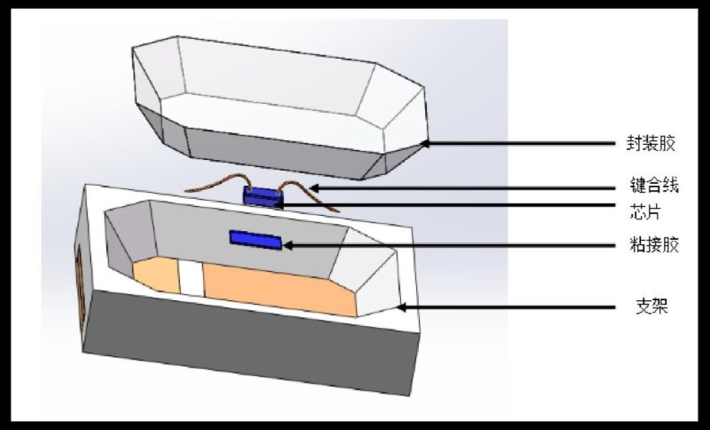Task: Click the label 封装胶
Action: point(651,144)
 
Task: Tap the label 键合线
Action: point(654,185)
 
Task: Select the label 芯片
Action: point(645,211)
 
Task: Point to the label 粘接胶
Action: point(654,245)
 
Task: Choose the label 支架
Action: point(652,307)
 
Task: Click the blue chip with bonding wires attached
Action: point(263,196)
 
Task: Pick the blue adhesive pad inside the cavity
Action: point(256,240)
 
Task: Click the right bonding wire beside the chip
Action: point(307,193)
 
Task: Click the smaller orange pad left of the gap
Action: point(157,274)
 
